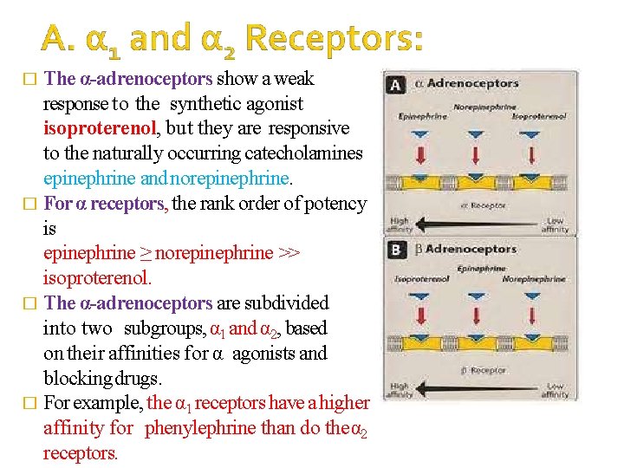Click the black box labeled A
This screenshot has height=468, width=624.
click(397, 85)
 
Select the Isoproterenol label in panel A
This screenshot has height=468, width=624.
click(539, 115)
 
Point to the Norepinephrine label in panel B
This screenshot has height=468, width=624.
click(534, 279)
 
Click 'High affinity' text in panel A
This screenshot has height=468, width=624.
click(400, 225)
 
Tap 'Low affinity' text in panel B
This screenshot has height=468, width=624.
click(556, 390)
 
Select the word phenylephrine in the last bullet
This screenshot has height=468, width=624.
click(200, 428)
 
